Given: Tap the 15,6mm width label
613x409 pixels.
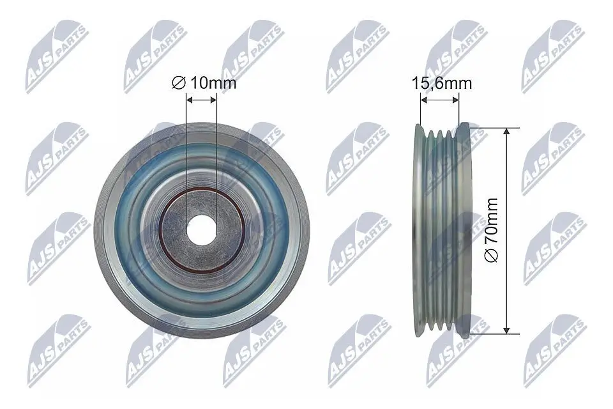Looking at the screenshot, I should pyautogui.click(x=441, y=82).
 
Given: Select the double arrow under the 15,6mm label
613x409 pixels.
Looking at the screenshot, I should pyautogui.click(x=439, y=99).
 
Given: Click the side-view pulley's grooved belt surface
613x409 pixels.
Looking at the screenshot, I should pyautogui.click(x=439, y=230).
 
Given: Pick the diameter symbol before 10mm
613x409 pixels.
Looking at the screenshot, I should pyautogui.click(x=179, y=82).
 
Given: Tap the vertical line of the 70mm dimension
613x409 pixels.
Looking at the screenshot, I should pyautogui.click(x=507, y=192).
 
